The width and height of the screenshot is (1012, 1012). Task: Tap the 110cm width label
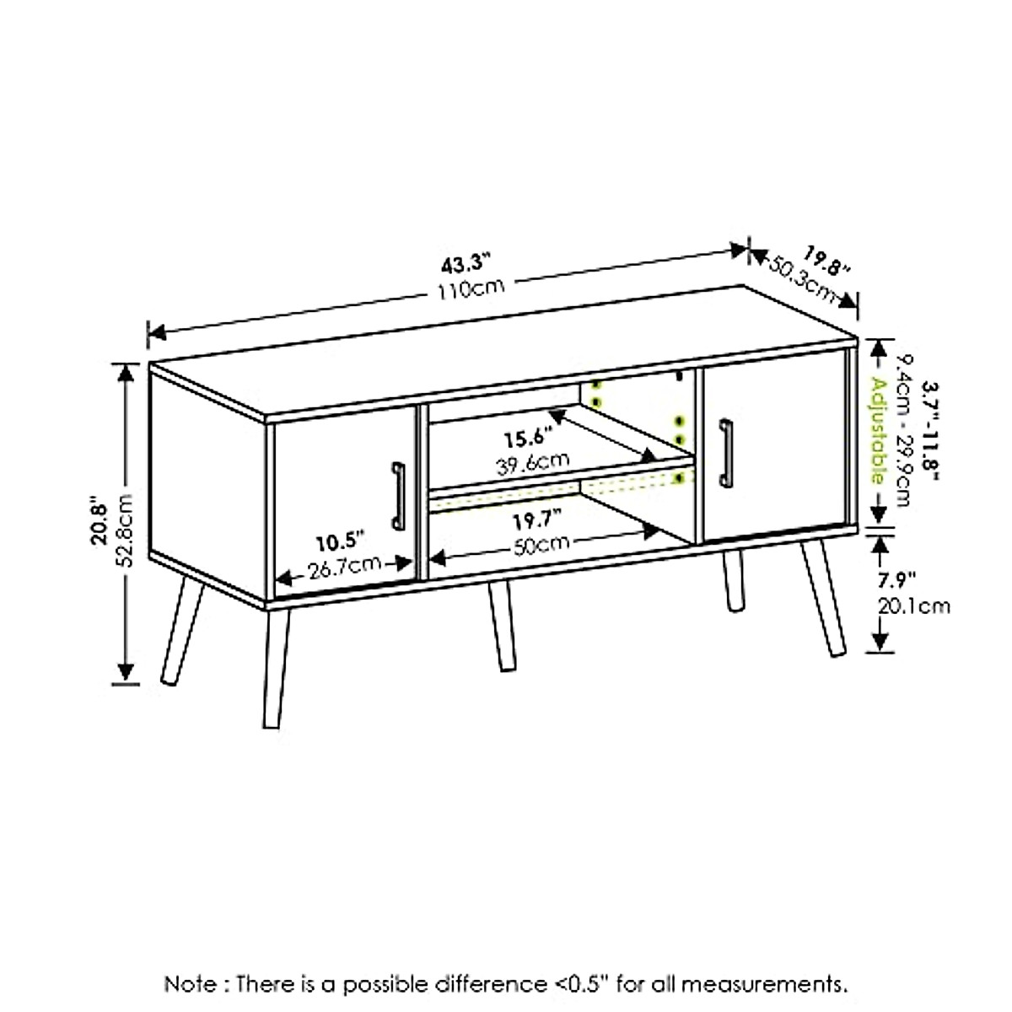(x=471, y=290)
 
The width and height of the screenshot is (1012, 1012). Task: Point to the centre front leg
(x=500, y=626)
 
